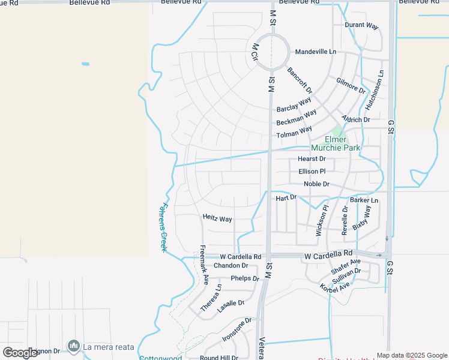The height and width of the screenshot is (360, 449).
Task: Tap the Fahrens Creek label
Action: tap(163, 227)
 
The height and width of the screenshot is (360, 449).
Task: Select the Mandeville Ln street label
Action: tap(315, 52)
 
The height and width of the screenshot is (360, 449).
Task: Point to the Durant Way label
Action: tap(361, 26)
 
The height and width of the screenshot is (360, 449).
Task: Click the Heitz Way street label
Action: tap(217, 219)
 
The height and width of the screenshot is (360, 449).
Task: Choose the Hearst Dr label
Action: tap(312, 159)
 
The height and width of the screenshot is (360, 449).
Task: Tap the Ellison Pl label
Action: tap(312, 172)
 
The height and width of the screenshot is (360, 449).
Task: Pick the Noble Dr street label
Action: tap(316, 184)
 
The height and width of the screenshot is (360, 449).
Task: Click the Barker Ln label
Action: tap(364, 200)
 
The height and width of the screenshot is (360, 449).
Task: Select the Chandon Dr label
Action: tap(231, 265)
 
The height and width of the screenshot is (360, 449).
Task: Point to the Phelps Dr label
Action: tap(244, 278)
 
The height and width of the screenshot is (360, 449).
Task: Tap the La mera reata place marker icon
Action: tap(74, 346)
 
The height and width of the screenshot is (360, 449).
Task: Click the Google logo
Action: tap(20, 353)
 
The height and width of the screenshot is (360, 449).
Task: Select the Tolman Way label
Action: tap(294, 132)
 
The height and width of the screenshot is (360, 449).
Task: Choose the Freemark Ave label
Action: tap(203, 265)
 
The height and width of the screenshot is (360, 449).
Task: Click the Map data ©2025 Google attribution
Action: tap(412, 355)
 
